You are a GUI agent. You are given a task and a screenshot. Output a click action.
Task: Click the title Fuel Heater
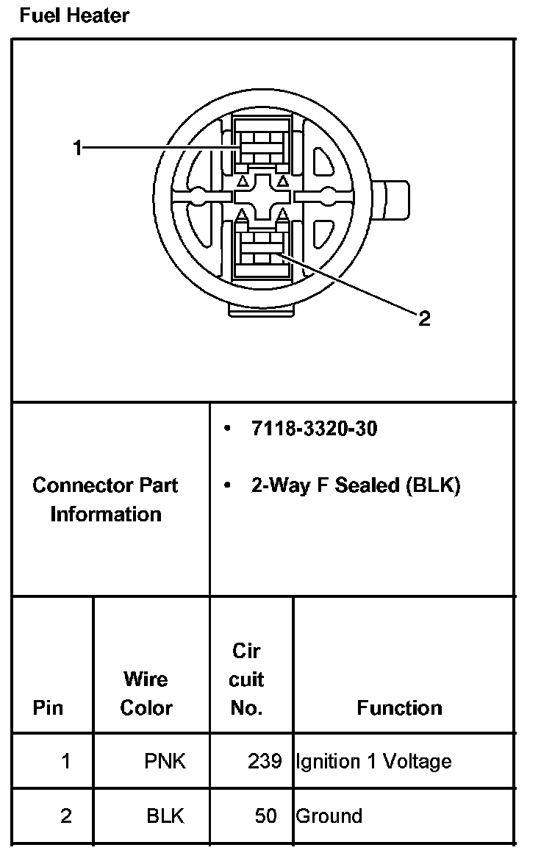[74, 15]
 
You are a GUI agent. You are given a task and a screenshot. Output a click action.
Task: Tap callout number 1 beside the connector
[77, 149]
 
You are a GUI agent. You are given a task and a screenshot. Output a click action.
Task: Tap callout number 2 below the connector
[424, 318]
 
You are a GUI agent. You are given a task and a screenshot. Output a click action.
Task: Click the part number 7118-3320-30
[314, 429]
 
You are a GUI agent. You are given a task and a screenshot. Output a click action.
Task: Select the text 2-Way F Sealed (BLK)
[355, 485]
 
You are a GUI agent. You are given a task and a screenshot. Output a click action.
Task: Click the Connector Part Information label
[105, 499]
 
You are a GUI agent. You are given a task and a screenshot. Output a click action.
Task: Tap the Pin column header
[49, 707]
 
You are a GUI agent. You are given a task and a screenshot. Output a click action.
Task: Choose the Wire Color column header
[146, 693]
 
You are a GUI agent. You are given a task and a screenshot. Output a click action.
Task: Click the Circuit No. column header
[246, 679]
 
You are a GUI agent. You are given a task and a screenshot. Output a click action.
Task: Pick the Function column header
[399, 707]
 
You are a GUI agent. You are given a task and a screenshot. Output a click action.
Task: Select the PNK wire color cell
[165, 761]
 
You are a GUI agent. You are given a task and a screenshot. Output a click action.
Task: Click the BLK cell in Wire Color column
[165, 815]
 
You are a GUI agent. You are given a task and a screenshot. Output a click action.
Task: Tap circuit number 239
[265, 761]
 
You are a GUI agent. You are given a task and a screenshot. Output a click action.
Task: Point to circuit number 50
[266, 815]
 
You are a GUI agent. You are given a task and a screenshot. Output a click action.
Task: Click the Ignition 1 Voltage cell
[373, 761]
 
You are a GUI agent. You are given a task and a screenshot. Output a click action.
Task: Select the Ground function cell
[329, 815]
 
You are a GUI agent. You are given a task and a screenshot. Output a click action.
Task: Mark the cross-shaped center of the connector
[262, 197]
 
